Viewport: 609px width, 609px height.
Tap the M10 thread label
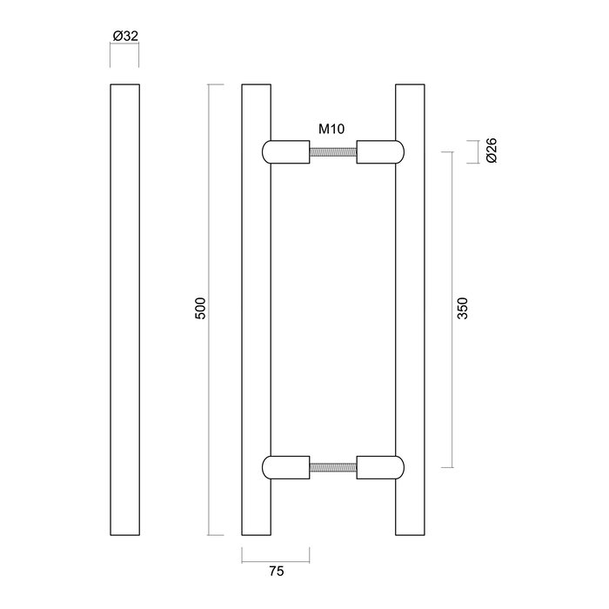pyautogui.click(x=331, y=130)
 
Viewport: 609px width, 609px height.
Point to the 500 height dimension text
pyautogui.click(x=199, y=311)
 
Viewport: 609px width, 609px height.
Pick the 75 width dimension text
pyautogui.click(x=277, y=572)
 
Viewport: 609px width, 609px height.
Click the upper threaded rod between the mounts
pyautogui.click(x=333, y=152)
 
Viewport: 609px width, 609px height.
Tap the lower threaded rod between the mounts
pyautogui.click(x=333, y=468)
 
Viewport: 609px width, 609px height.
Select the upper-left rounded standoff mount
pyautogui.click(x=285, y=152)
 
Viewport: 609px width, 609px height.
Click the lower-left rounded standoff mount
pyautogui.click(x=285, y=468)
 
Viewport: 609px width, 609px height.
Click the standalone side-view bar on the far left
pyautogui.click(x=125, y=310)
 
